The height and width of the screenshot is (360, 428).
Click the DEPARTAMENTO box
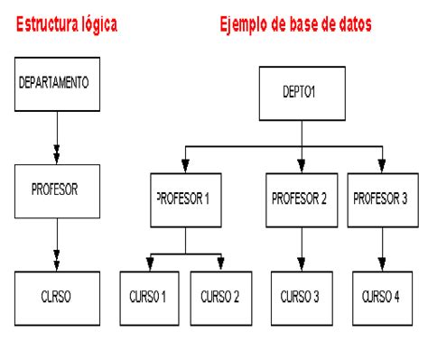(x=57, y=84)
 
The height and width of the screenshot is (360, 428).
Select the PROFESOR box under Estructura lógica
(x=57, y=191)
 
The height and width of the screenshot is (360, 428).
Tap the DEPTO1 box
(x=302, y=94)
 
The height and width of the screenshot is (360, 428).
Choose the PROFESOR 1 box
(x=186, y=200)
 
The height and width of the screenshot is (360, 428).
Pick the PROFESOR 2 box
(x=302, y=200)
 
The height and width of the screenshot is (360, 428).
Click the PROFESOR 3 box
(x=383, y=200)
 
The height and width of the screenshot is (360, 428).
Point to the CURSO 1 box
(x=150, y=299)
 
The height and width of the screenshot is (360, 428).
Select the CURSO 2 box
(x=221, y=299)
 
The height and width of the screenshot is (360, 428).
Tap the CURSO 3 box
(x=302, y=299)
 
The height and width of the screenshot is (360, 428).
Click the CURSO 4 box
(x=382, y=299)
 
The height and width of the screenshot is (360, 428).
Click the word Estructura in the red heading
(x=46, y=24)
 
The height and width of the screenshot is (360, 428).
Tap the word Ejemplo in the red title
(x=244, y=25)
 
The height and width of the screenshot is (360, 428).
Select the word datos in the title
(x=355, y=24)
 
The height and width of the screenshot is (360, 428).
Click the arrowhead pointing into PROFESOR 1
(x=185, y=166)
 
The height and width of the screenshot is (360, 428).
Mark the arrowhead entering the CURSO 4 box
(x=382, y=264)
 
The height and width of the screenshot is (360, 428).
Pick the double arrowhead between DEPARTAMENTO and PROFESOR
(x=57, y=154)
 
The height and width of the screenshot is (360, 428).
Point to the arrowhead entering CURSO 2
(x=221, y=263)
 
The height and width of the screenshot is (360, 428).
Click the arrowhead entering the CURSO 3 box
(x=302, y=264)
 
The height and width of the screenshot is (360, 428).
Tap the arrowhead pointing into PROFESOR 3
(x=382, y=166)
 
